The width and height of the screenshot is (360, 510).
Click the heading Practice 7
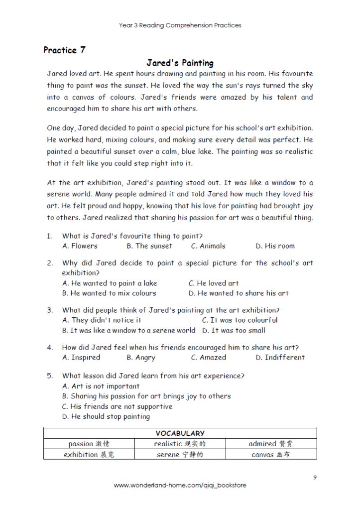point(64,50)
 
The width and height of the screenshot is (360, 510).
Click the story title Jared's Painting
point(180,63)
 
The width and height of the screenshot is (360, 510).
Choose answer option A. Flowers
point(80,246)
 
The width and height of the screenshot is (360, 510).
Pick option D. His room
point(275,246)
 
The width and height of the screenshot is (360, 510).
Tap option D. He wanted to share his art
point(239,293)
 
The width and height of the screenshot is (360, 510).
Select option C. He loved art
point(214,283)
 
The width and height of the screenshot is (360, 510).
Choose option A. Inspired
point(81,358)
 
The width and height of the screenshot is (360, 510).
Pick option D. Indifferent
point(280,358)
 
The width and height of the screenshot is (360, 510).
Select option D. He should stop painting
point(106,416)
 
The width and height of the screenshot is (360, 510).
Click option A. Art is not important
point(101,386)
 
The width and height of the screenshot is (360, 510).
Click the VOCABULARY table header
point(180,433)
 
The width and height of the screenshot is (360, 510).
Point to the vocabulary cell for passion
point(89,444)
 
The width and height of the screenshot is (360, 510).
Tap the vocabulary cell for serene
point(180,454)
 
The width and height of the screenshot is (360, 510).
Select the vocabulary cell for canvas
point(271,454)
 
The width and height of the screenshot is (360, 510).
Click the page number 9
point(315,478)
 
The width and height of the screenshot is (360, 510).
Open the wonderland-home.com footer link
point(180,485)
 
